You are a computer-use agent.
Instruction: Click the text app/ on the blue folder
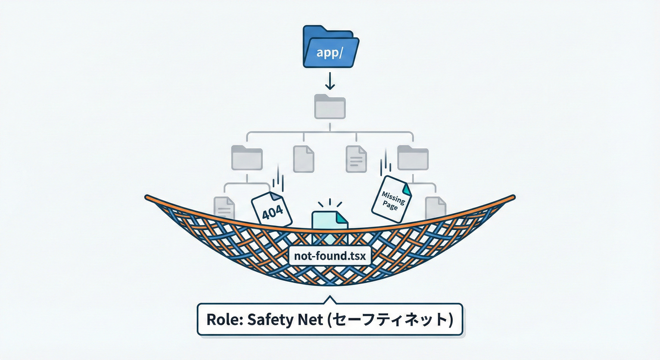coord(329,52)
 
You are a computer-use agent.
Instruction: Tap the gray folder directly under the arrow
coord(330,106)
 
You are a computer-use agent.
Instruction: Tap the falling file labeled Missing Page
coord(391,199)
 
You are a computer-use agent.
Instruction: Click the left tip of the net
coord(147,197)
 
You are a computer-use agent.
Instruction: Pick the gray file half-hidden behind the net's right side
coord(435,207)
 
